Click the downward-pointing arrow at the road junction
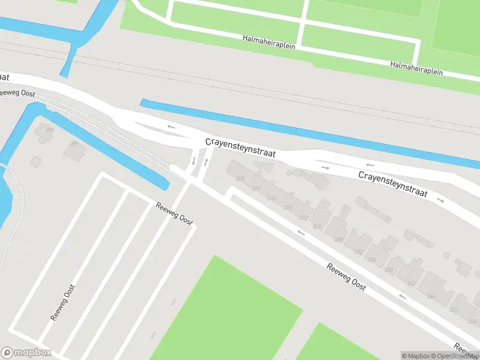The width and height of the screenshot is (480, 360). point(193,161)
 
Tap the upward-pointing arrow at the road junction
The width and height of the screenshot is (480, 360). point(206,162)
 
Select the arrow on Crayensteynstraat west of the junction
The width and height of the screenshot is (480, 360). point(171,127)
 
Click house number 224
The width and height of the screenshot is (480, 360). point(317,226)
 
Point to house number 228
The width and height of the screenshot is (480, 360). point(338,239)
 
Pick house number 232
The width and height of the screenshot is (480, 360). point(359,252)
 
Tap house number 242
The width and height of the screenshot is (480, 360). point(411,283)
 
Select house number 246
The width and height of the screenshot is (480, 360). point(430,296)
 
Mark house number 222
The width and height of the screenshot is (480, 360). point(304,218)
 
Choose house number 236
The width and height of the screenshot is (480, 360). point(388,271)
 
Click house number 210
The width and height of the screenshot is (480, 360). point(288,208)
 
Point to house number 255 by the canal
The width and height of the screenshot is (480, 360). point(49,130)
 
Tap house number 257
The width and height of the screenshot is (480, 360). point(75,143)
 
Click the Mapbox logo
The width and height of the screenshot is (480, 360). point(26,352)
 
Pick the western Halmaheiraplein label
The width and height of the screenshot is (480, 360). point(269,42)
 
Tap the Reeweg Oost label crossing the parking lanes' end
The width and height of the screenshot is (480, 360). point(175,214)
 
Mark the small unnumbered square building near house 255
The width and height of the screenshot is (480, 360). point(36,161)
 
